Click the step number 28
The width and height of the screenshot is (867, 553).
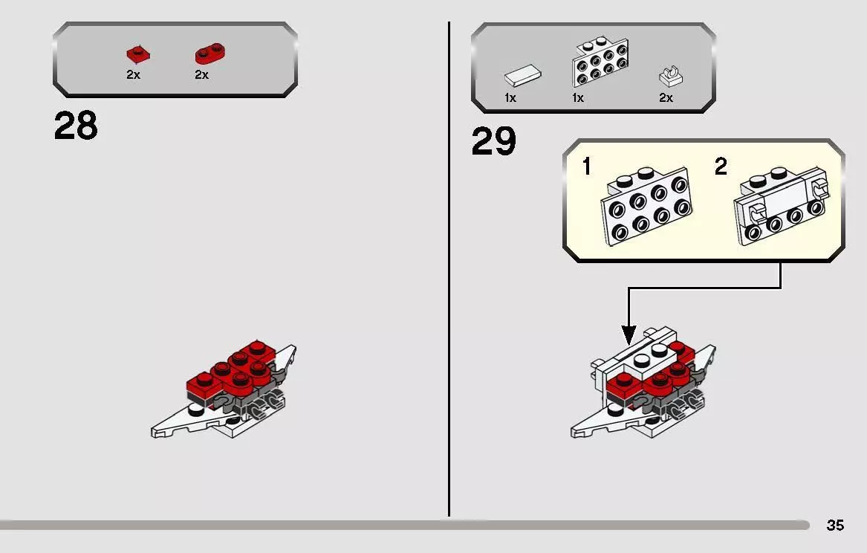[76, 126]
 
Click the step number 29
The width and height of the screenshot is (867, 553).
[494, 141]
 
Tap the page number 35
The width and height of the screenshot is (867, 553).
[835, 525]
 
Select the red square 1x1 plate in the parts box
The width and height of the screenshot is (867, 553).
[139, 54]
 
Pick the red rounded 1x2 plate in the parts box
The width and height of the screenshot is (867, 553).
[210, 54]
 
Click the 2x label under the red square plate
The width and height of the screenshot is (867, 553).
[133, 74]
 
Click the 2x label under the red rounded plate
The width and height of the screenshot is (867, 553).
[202, 74]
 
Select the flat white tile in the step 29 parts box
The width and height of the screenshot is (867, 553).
[522, 76]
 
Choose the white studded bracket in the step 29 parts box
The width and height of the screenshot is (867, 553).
[600, 62]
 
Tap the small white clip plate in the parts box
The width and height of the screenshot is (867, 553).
[671, 77]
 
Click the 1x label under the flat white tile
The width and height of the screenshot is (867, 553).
[510, 98]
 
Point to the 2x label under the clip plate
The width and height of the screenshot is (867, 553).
[666, 98]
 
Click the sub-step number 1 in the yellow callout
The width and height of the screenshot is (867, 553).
[587, 166]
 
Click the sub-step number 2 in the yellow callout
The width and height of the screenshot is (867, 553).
[721, 166]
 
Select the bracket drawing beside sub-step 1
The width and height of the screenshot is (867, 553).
[646, 206]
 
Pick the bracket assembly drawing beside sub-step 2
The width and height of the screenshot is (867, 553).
[781, 206]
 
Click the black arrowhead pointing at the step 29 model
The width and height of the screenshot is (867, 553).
[628, 335]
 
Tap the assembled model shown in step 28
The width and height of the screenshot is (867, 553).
[224, 389]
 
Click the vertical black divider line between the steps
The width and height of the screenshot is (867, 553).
[449, 269]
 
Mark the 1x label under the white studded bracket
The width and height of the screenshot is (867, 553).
[578, 98]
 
